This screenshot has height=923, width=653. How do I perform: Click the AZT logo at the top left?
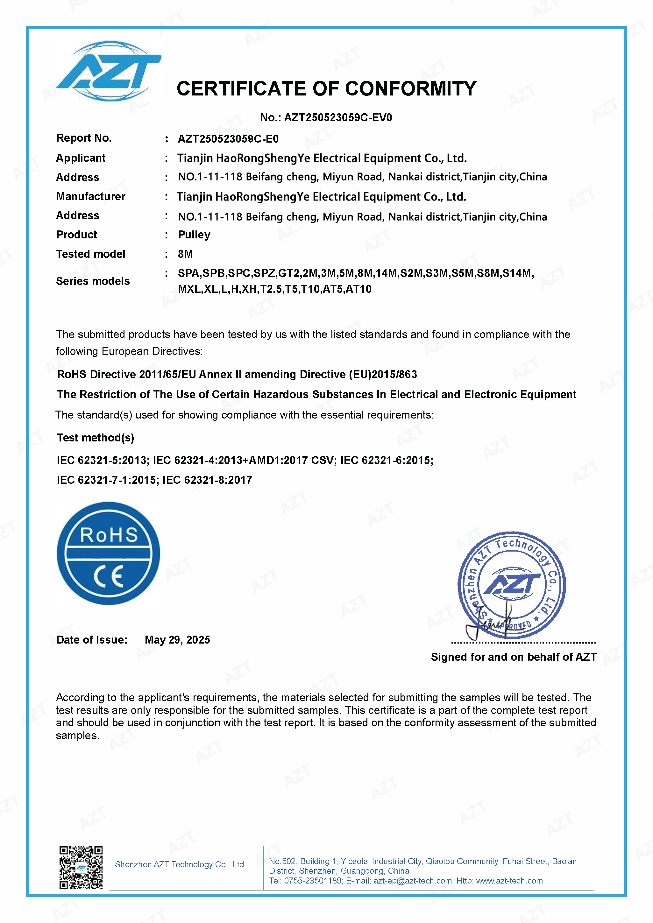(x=109, y=71)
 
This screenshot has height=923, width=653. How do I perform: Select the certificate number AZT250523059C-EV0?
(x=338, y=118)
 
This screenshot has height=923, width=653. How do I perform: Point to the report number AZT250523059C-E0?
(x=228, y=139)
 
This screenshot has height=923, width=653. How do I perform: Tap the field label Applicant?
(x=81, y=158)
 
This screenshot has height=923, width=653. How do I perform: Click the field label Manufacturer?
(x=90, y=197)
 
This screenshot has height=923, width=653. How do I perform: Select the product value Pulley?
(x=194, y=235)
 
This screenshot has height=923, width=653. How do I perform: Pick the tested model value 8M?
(x=185, y=254)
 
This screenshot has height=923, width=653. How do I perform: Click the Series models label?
(x=93, y=281)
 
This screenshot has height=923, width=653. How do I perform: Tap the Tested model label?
(x=90, y=254)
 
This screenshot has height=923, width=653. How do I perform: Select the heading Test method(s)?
(x=96, y=438)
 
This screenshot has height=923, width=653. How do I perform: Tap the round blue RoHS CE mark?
(x=109, y=553)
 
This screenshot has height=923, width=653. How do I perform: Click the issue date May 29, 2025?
(x=177, y=640)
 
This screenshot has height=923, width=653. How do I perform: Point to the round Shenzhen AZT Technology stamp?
(x=512, y=585)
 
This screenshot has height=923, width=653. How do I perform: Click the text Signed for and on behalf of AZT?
(x=514, y=657)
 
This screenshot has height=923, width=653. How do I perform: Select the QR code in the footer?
(x=81, y=868)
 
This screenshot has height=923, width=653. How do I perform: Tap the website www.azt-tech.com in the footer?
(x=509, y=881)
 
